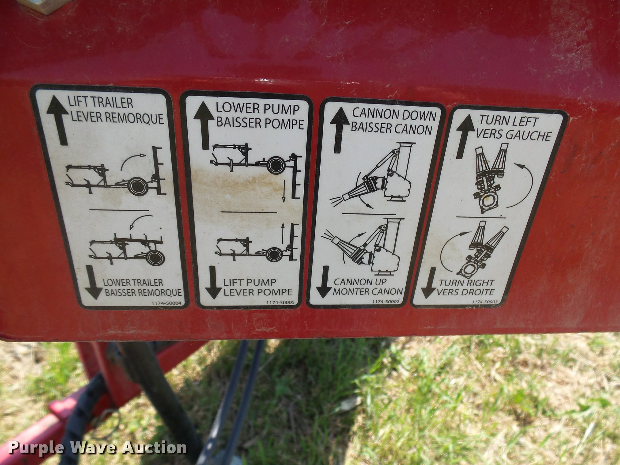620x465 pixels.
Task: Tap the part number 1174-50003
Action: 484,302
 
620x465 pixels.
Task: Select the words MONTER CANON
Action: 368,291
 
